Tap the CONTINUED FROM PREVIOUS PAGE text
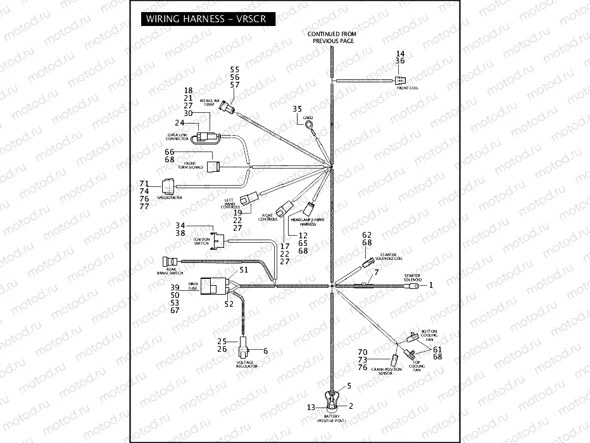332,37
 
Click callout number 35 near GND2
297,110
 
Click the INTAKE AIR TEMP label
210,103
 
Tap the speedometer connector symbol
168,186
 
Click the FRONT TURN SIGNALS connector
217,167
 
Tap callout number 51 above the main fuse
243,269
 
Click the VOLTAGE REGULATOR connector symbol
243,349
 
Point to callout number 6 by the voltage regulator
265,350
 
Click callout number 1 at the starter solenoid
432,286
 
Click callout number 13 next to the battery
311,407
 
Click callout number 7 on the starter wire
376,272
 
